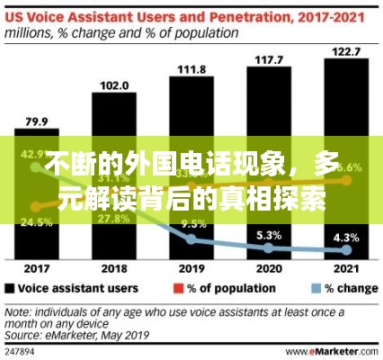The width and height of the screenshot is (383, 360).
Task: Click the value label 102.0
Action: pos(112,86)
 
